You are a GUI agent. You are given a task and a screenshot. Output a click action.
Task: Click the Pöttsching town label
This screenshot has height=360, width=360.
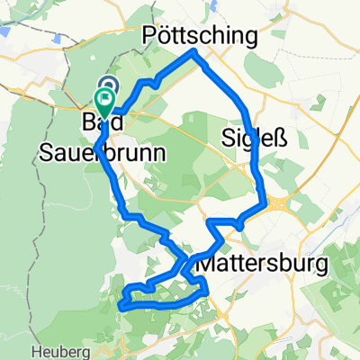(x=201, y=35)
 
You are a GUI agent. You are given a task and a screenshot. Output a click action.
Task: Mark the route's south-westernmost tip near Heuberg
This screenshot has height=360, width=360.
(x=122, y=306)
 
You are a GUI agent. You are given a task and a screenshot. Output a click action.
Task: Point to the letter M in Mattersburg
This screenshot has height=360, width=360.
(x=205, y=265)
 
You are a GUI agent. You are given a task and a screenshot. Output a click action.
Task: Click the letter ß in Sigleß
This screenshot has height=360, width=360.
(x=278, y=139)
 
